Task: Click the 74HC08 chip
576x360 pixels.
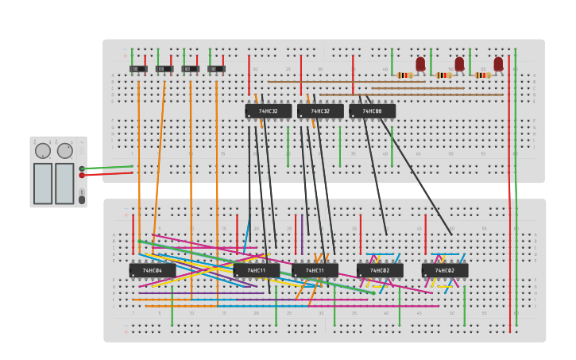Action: [x=372, y=111]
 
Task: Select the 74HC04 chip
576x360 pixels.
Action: [x=152, y=270]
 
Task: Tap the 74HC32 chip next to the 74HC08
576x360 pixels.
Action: [x=320, y=111]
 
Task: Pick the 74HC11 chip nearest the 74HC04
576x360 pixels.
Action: [x=256, y=270]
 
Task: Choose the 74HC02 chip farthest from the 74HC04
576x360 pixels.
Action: [x=444, y=270]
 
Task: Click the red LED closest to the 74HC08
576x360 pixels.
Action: [x=420, y=64]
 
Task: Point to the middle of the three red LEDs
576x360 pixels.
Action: [x=459, y=64]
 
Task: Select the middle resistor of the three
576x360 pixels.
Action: [x=443, y=75]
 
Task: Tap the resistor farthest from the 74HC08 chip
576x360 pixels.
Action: [x=482, y=75]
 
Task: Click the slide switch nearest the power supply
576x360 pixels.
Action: [x=138, y=69]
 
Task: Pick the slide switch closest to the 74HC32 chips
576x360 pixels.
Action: [x=216, y=69]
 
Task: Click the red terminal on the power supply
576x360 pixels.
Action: [x=82, y=175]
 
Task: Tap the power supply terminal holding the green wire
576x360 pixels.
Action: [x=82, y=168]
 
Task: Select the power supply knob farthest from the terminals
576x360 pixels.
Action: [x=43, y=150]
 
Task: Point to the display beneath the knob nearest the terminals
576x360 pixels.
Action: [x=64, y=184]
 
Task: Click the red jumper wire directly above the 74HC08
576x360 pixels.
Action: [x=353, y=74]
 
